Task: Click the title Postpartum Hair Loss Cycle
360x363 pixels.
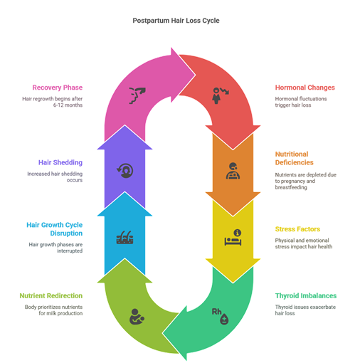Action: [x=176, y=21]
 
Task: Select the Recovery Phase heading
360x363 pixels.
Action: [x=58, y=88]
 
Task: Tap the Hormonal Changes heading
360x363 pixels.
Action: [x=305, y=88]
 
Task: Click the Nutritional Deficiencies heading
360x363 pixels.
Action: [x=294, y=158]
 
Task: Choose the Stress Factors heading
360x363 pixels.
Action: [x=297, y=229]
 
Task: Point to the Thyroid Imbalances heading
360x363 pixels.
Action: [x=306, y=295]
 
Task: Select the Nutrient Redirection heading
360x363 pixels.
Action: [x=51, y=295]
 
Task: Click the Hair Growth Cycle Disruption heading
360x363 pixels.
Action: [x=55, y=229]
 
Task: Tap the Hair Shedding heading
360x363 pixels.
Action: [x=60, y=162]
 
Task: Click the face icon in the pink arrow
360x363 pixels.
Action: [x=137, y=95]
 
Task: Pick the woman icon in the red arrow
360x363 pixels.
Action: [x=220, y=95]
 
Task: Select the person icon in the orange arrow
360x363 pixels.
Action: [x=233, y=171]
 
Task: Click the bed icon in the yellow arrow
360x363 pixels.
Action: [x=233, y=238]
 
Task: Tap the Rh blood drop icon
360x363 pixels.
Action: [x=220, y=316]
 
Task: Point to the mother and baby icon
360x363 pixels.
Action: [x=137, y=317]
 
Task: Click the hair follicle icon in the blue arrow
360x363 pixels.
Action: [x=125, y=238]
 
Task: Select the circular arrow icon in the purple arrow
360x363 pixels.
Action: [x=125, y=171]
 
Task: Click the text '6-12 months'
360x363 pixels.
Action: [x=68, y=105]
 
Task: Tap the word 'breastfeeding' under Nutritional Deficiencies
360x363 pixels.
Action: [x=291, y=187]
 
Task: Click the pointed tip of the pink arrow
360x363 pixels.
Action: [x=196, y=75]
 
